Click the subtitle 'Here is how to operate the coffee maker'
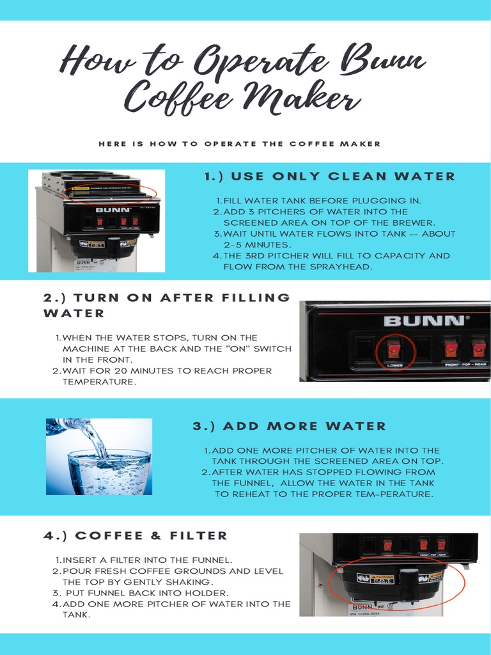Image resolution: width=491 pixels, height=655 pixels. pos(240,144)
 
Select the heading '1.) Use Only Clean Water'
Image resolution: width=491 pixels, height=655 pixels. pos(329,177)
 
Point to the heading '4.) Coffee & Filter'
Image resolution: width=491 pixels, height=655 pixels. pos(136,535)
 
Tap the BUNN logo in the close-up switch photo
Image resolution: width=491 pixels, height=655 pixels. pos(423,320)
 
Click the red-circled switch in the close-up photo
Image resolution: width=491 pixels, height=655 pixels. pos(393,349)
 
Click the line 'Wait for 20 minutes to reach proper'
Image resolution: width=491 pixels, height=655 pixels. pos(167,370)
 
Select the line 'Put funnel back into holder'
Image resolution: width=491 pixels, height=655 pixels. pos(146,593)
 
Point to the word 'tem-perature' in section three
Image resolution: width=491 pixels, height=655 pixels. pos(394,494)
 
